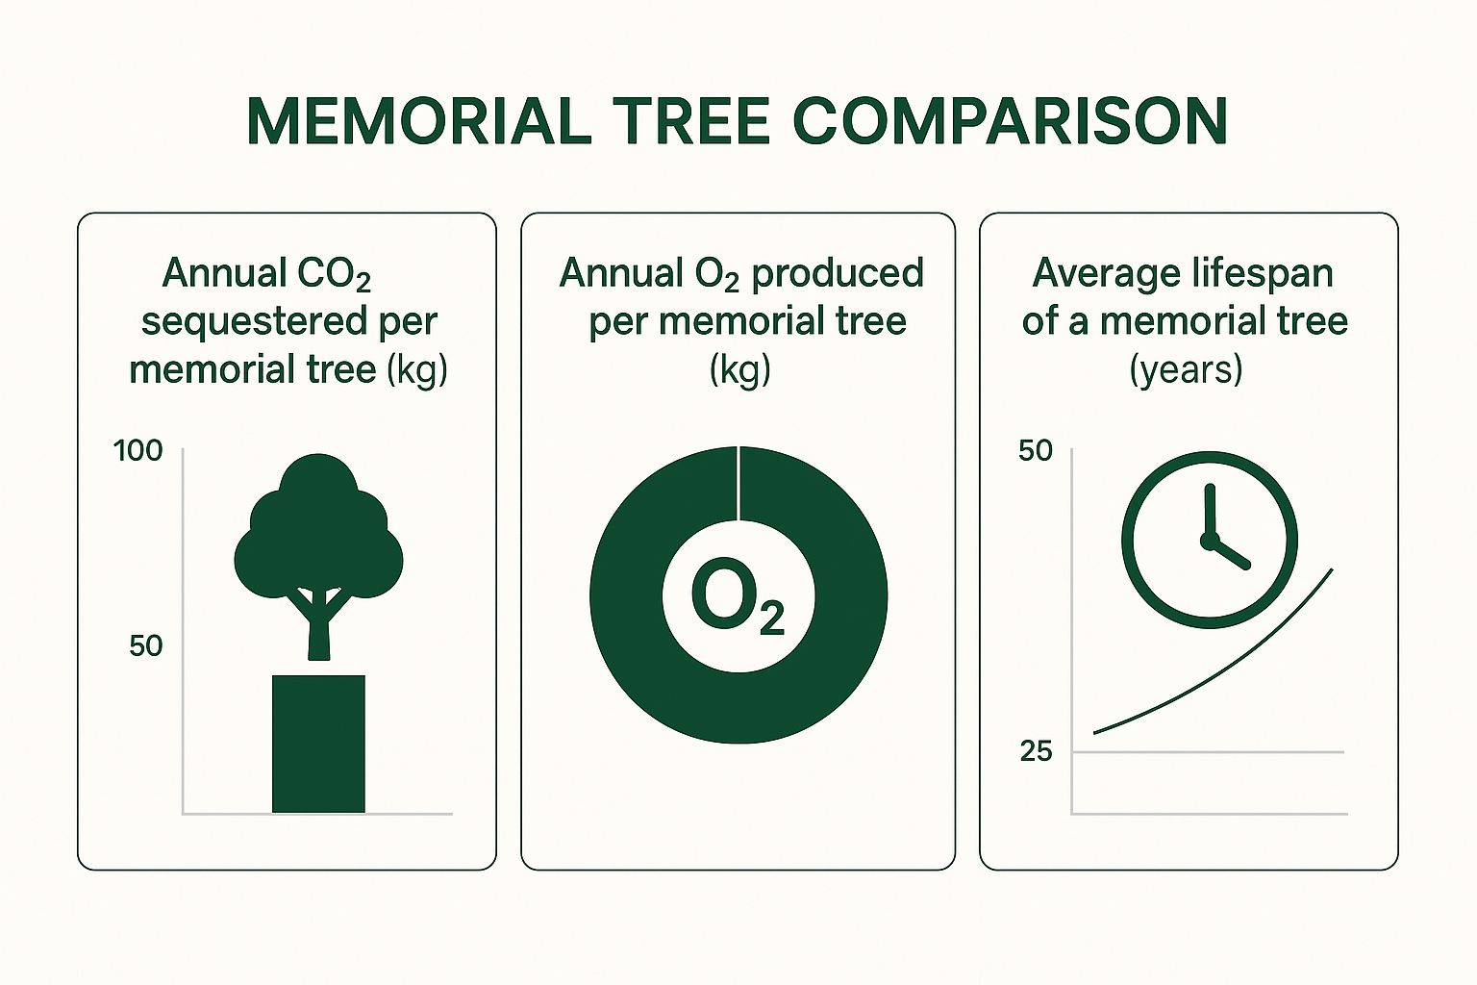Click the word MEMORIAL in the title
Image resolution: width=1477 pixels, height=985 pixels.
coord(418,121)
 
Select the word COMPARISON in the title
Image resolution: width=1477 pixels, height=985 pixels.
coord(1010,121)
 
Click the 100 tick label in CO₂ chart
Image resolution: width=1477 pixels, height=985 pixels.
coord(138,450)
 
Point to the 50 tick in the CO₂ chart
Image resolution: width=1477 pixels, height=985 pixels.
coord(146,645)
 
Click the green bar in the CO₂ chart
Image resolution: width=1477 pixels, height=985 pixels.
coord(318,744)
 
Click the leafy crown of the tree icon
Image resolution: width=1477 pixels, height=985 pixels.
coord(318,528)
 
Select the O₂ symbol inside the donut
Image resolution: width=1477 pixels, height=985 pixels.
coord(738,597)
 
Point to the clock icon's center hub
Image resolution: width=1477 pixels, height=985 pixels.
coord(1209,541)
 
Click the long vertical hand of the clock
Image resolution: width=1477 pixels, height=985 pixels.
coord(1210,512)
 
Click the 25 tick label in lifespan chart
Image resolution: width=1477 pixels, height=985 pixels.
coord(1036,751)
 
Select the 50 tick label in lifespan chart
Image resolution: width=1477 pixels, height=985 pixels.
coord(1036,450)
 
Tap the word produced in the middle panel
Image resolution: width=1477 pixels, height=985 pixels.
coord(838,273)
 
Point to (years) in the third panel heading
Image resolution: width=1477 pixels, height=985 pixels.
coord(1187,370)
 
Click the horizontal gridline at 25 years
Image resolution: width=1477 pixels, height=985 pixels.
coord(1208,751)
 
